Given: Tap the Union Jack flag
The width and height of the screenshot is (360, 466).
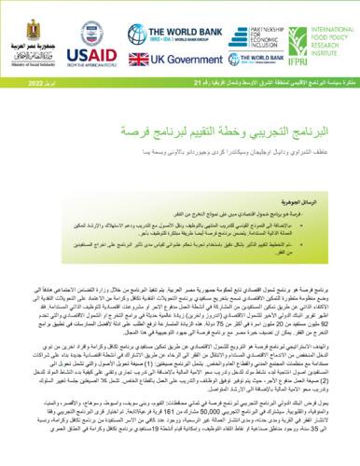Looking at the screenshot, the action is point(134,60).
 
